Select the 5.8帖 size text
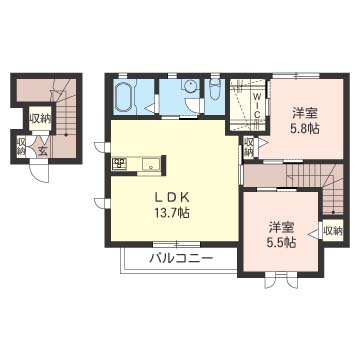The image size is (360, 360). tap(304, 129)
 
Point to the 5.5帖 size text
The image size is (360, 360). tap(281, 243)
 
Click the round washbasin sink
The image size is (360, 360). tap(188, 87)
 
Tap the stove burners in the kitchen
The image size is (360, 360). tap(119, 164)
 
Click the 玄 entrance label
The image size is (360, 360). tap(43, 151)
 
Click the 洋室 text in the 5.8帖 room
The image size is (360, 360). tap(304, 112)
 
